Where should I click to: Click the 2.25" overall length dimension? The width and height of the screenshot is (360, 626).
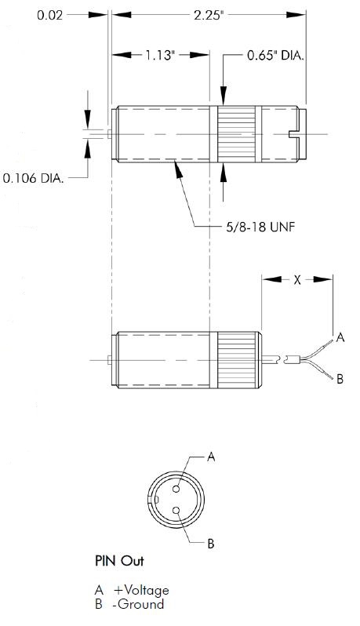(208, 15)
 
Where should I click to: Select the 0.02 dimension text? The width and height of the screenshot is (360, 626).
(50, 15)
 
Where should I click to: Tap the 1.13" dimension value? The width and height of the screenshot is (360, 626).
(161, 55)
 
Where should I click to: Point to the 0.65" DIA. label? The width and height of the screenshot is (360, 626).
(275, 55)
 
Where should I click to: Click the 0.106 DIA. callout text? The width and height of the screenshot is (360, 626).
(33, 178)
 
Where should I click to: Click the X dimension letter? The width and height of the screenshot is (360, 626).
(297, 280)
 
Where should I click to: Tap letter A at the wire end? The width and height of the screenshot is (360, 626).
(340, 338)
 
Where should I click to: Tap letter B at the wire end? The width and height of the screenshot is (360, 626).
(340, 378)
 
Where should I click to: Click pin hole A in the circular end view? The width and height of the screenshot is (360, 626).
(176, 489)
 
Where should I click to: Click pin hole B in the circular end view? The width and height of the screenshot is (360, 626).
(176, 510)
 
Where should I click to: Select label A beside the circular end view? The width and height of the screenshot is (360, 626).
(211, 457)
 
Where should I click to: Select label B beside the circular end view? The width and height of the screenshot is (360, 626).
(211, 544)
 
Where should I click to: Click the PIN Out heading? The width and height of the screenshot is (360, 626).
(119, 561)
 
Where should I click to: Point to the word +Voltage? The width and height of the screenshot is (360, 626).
(141, 591)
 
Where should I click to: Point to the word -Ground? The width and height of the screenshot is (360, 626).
(139, 604)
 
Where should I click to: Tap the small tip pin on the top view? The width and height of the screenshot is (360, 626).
(109, 134)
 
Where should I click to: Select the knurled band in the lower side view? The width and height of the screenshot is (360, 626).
(236, 360)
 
